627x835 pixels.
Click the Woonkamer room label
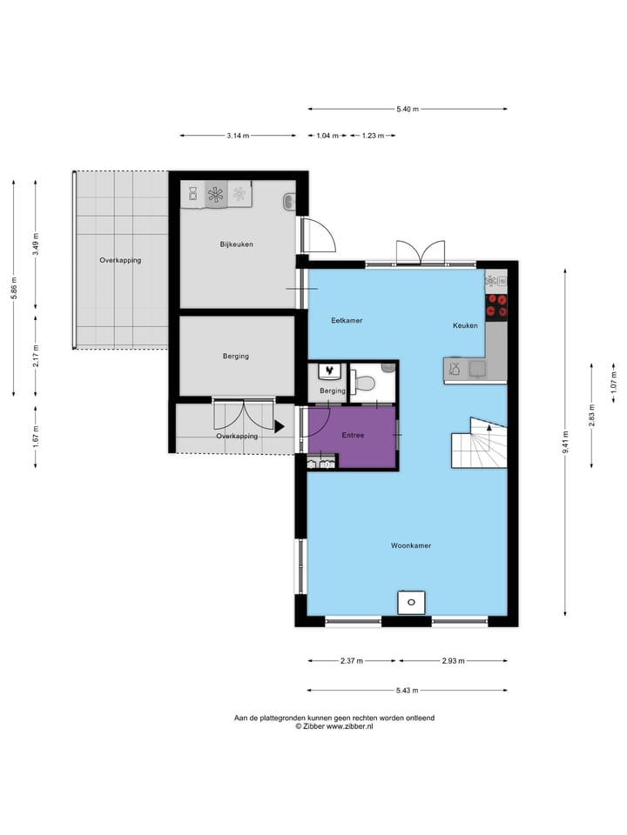point(411,545)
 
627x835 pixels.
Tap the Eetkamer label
point(347,321)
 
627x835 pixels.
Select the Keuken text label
point(465,325)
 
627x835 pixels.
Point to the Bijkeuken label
point(236,244)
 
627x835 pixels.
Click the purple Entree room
point(353,435)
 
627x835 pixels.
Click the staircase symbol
point(478,444)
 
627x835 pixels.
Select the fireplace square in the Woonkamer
point(411,602)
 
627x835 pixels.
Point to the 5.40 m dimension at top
point(408,109)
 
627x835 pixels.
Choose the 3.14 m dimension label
point(238,136)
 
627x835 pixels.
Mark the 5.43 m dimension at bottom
point(407,691)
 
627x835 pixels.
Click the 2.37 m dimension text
point(351,661)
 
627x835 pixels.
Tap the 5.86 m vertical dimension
point(13,288)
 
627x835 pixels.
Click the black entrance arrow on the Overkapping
point(279,426)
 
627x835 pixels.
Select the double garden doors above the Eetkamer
point(420,254)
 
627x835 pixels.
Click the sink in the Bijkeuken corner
point(290,203)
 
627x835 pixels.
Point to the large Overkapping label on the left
point(120,260)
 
